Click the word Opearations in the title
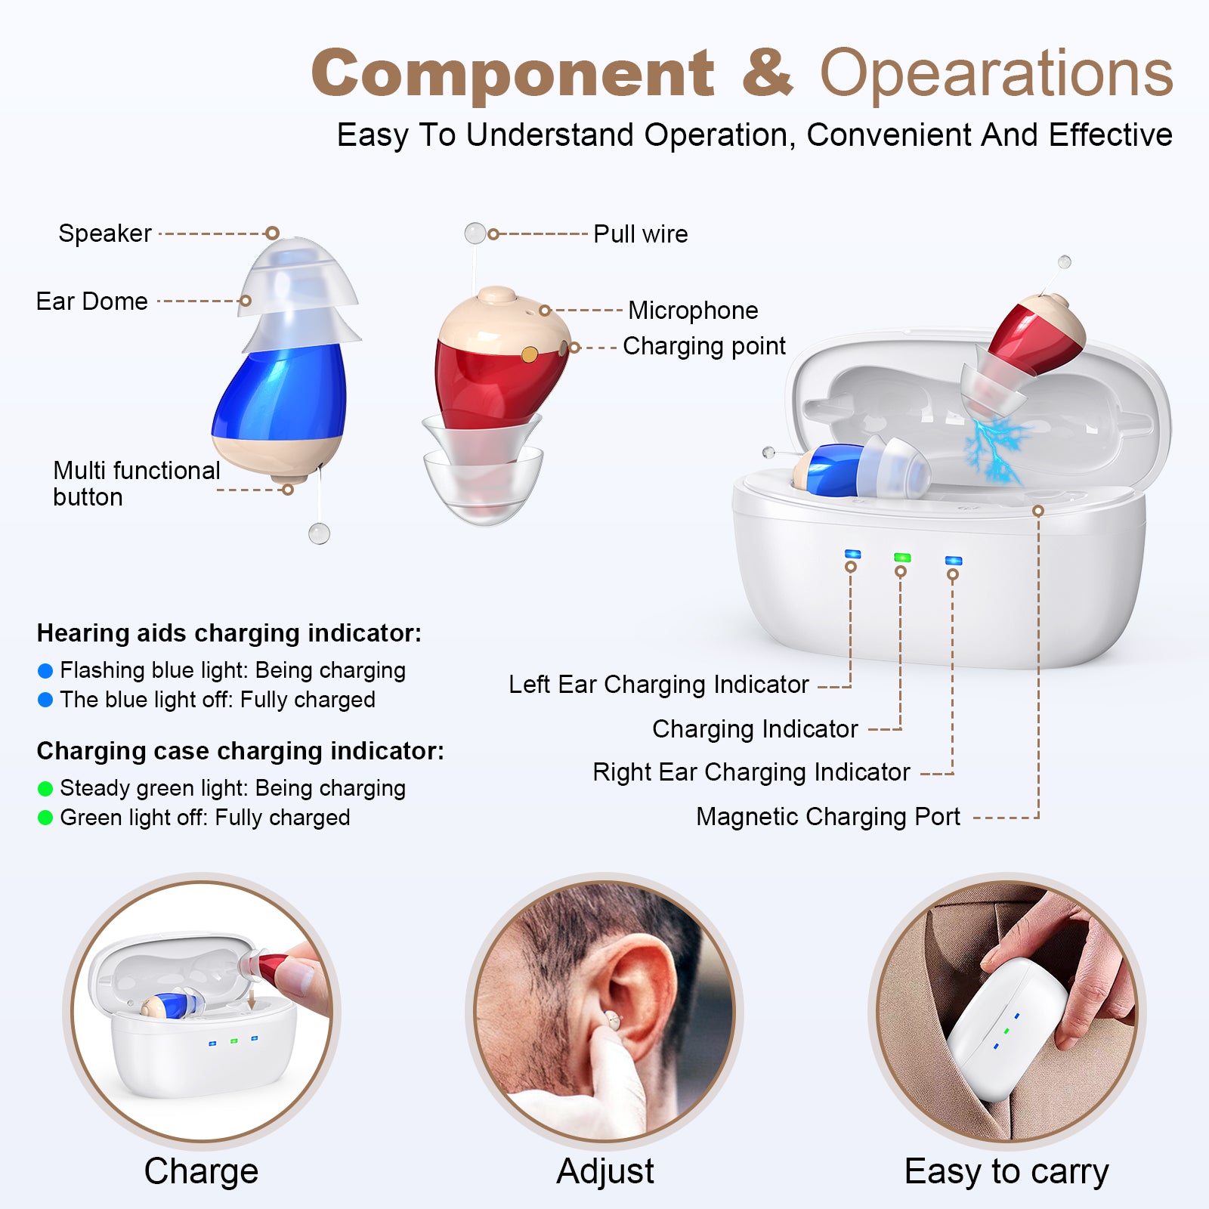pyautogui.click(x=996, y=74)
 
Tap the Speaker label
pyautogui.click(x=105, y=233)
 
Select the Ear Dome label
pyautogui.click(x=91, y=301)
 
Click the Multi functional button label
pyautogui.click(x=136, y=483)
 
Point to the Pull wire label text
pyautogui.click(x=640, y=234)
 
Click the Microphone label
pyautogui.click(x=692, y=311)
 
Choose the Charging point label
pyautogui.click(x=703, y=346)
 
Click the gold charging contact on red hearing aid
pyautogui.click(x=530, y=354)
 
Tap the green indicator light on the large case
pyautogui.click(x=901, y=558)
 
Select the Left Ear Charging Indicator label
pyautogui.click(x=658, y=685)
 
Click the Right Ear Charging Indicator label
pyautogui.click(x=751, y=772)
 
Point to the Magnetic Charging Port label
pyautogui.click(x=827, y=817)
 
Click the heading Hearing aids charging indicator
pyautogui.click(x=229, y=633)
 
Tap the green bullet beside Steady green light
pyautogui.click(x=45, y=789)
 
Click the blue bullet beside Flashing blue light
pyautogui.click(x=45, y=671)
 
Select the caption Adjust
pyautogui.click(x=604, y=1171)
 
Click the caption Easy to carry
pyautogui.click(x=1006, y=1171)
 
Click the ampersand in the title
pyautogui.click(x=767, y=74)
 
